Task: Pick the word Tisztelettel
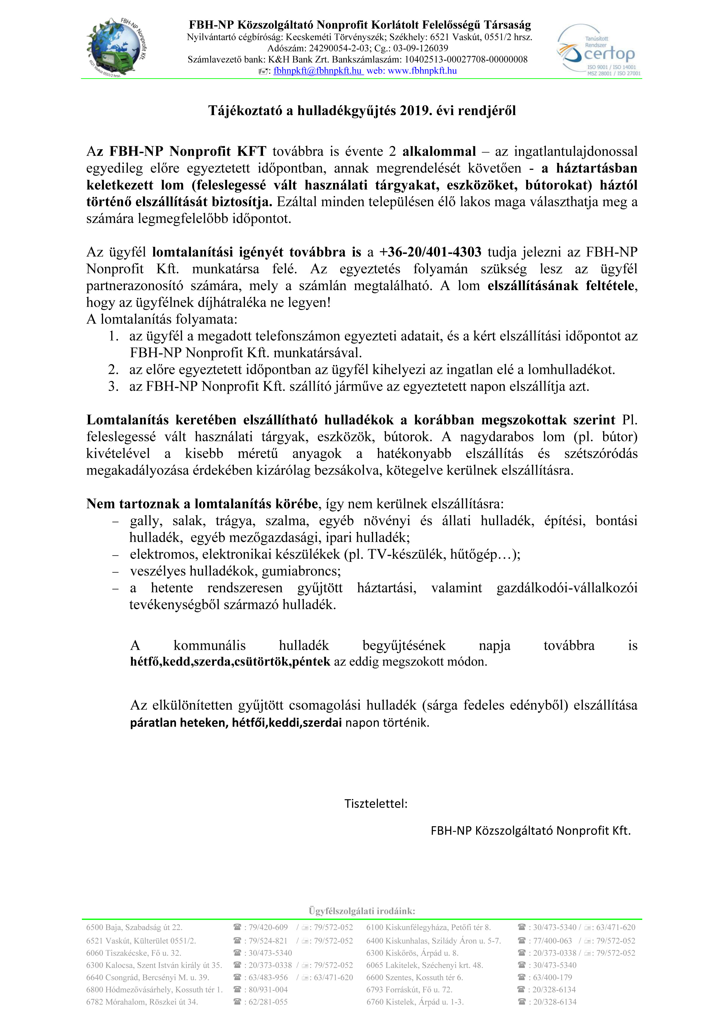[376, 804]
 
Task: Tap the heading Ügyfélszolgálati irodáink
[362, 911]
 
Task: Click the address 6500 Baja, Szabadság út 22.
[134, 927]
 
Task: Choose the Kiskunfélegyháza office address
[428, 927]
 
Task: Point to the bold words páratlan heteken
[178, 722]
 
